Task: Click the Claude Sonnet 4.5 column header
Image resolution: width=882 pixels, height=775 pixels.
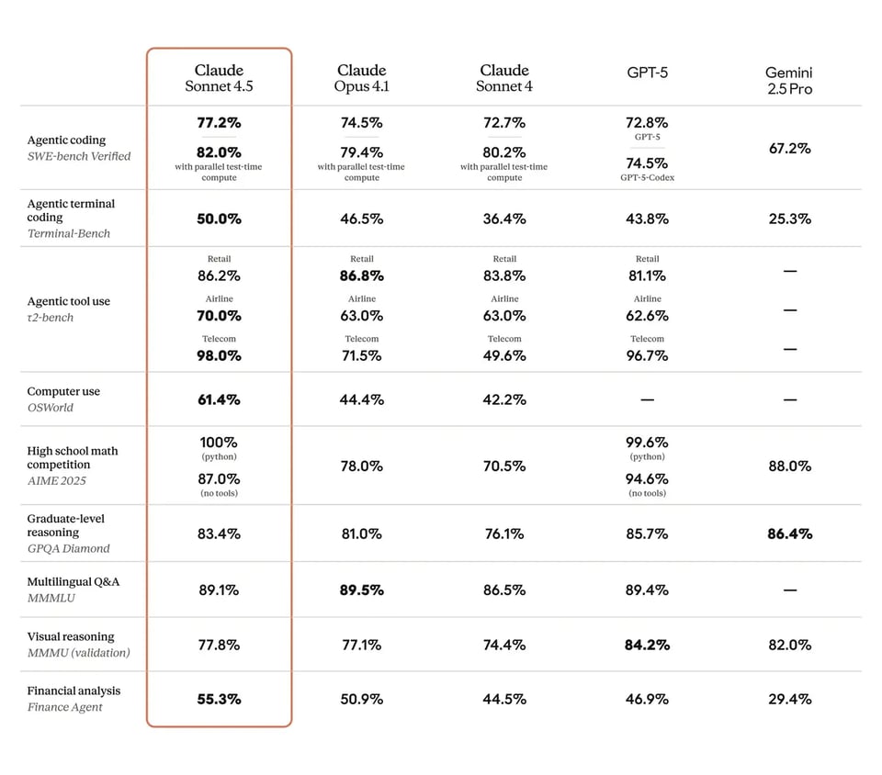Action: tap(219, 78)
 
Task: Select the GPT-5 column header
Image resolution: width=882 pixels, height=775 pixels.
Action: tap(647, 72)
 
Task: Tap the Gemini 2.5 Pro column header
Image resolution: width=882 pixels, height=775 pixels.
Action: tap(789, 81)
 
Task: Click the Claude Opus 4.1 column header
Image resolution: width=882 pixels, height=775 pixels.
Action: tap(361, 78)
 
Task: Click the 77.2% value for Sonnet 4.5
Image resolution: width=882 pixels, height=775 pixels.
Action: tap(219, 122)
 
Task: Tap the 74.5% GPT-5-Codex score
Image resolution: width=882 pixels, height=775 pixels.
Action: tap(647, 163)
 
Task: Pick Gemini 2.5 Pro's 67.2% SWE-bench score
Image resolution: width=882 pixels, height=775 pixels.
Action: tap(789, 148)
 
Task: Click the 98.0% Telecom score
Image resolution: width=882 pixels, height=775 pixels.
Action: tap(219, 355)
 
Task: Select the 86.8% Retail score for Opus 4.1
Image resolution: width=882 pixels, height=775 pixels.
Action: tap(361, 275)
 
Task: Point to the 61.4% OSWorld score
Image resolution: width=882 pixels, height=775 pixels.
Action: tap(219, 399)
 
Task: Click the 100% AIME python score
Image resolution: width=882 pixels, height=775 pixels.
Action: tap(219, 442)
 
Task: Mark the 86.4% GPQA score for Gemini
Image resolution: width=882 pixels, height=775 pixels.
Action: tap(789, 534)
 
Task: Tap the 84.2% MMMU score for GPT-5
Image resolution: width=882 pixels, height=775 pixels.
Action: tap(647, 645)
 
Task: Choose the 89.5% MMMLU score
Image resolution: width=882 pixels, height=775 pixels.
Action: tap(361, 590)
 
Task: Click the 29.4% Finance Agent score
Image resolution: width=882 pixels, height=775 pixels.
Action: tap(789, 699)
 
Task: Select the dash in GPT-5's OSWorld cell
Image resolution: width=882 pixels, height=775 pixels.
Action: tap(647, 400)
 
